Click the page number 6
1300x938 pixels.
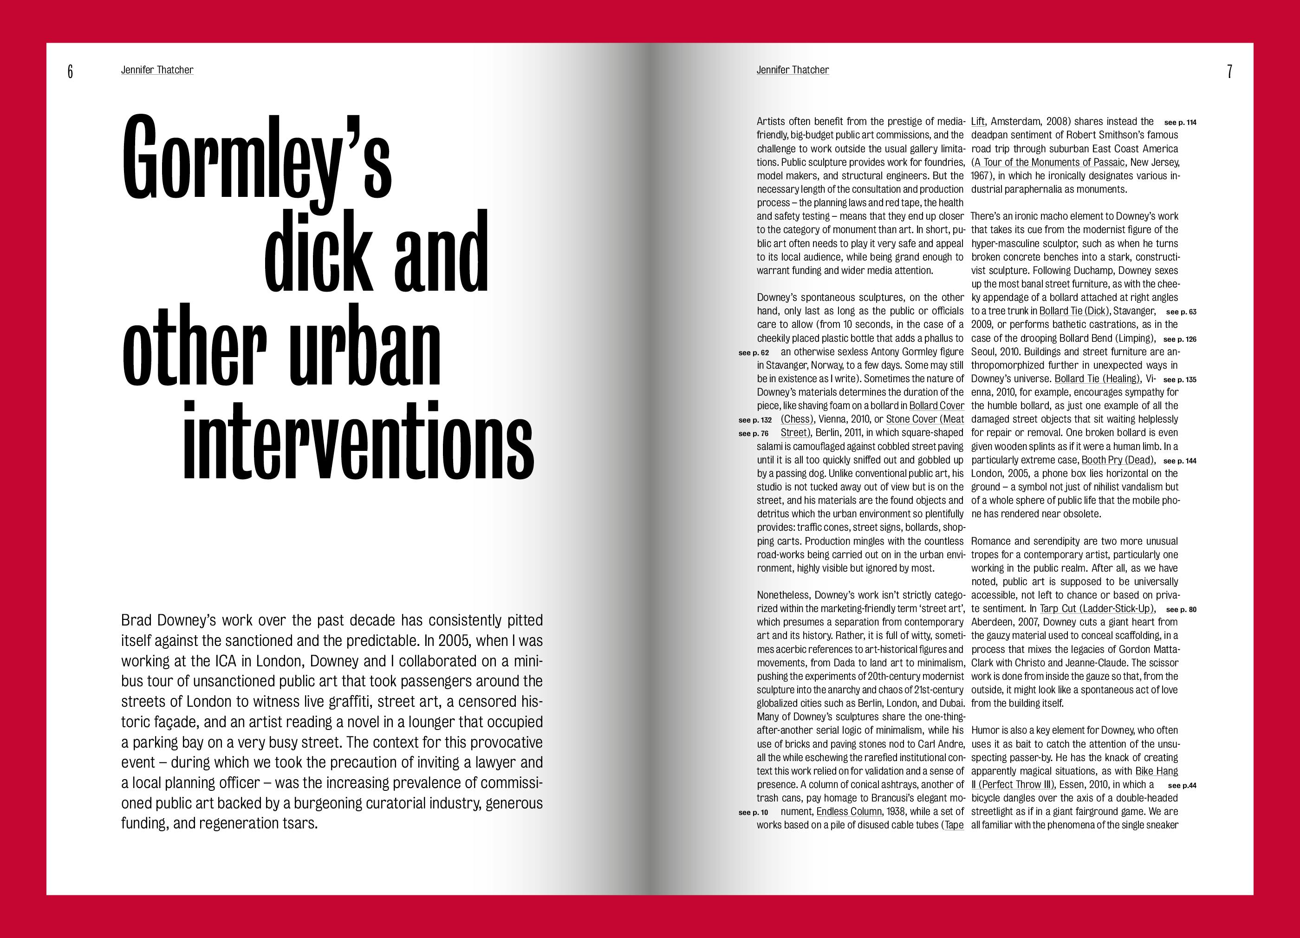(x=70, y=71)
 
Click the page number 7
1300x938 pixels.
(x=1229, y=71)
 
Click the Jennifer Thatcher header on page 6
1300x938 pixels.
(x=157, y=70)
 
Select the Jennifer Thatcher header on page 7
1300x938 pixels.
(x=792, y=70)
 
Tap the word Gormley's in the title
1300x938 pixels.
(x=257, y=158)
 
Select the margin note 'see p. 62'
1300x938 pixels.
(x=754, y=352)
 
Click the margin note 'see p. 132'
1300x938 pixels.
(x=755, y=420)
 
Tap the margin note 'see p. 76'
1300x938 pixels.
(x=754, y=433)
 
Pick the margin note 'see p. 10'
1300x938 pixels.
(x=754, y=813)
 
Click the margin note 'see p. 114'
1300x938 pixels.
(x=1180, y=122)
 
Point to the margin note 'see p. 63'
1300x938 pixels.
(x=1181, y=312)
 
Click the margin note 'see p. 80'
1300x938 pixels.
(x=1181, y=610)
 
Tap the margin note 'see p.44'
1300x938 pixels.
(x=1182, y=786)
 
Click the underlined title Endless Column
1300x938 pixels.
(x=849, y=811)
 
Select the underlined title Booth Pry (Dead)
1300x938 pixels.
(x=1118, y=460)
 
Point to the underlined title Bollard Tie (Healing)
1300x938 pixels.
(x=1097, y=378)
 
